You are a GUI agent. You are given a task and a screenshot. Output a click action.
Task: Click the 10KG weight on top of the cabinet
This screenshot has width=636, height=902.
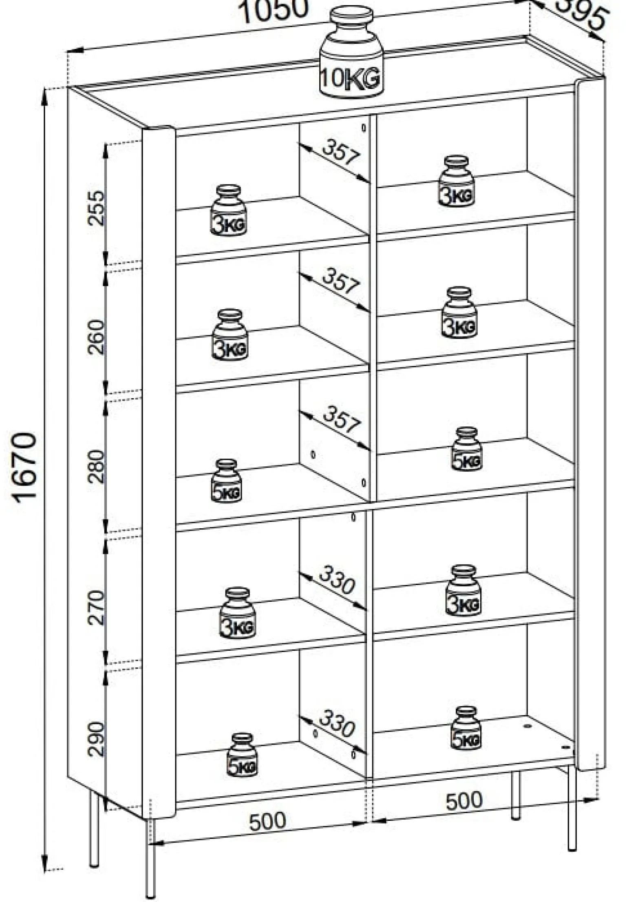(351, 52)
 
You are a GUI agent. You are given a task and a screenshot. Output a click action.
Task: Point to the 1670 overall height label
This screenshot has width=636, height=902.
(25, 468)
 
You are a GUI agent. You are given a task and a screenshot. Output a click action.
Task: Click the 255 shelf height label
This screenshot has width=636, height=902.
(97, 208)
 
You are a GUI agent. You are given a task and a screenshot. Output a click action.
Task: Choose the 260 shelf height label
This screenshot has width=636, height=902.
(97, 337)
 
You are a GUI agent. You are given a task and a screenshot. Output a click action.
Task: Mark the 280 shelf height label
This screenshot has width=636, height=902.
(97, 466)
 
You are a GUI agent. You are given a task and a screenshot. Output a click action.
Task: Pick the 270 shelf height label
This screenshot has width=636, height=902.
(97, 607)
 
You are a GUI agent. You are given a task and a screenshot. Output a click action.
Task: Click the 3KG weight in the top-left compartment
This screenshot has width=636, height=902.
(229, 211)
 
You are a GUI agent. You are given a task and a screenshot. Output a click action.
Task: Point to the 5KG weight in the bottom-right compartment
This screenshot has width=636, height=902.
(466, 728)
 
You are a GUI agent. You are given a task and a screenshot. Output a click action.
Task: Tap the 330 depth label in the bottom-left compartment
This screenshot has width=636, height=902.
(337, 723)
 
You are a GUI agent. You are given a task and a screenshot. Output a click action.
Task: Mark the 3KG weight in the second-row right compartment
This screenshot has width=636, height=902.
(459, 313)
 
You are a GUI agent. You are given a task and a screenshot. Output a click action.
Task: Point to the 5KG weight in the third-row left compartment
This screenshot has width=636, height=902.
(227, 481)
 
